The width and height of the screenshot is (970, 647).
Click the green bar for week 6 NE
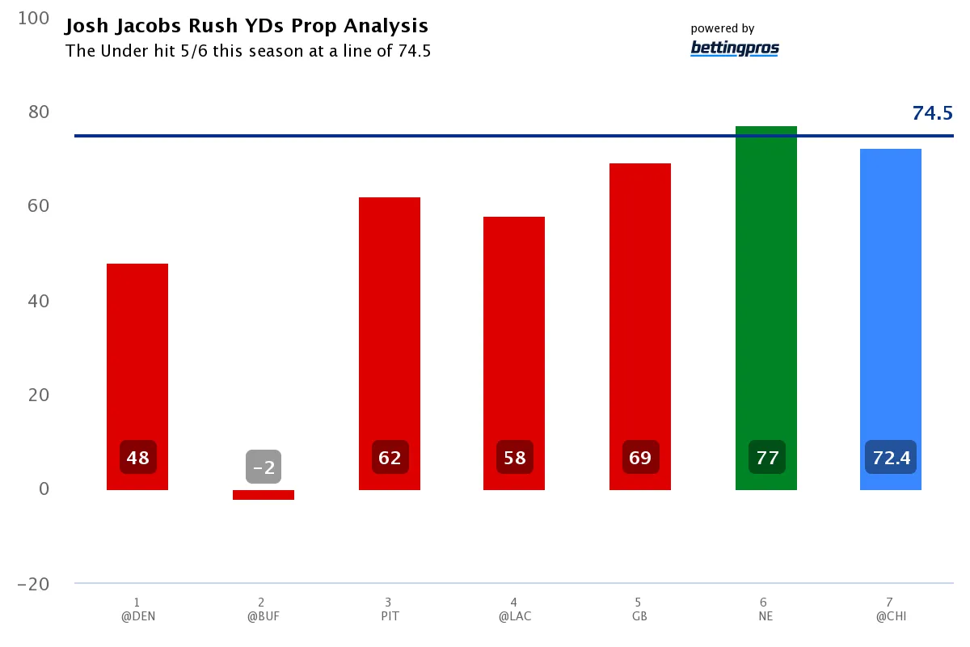pyautogui.click(x=765, y=307)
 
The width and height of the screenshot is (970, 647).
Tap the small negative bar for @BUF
pyautogui.click(x=264, y=495)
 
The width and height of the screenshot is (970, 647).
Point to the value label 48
pyautogui.click(x=137, y=458)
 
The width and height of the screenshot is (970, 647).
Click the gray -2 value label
pyautogui.click(x=264, y=467)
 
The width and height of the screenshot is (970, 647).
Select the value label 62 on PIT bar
pyautogui.click(x=390, y=458)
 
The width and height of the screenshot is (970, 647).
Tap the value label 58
pyautogui.click(x=514, y=458)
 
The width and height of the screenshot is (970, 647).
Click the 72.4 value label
pyautogui.click(x=891, y=458)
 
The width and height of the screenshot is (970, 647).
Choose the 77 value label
pyautogui.click(x=765, y=458)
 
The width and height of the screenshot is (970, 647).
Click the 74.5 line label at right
pyautogui.click(x=932, y=113)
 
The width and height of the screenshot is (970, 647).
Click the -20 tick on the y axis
pyautogui.click(x=32, y=584)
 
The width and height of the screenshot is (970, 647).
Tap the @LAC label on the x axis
pyautogui.click(x=514, y=615)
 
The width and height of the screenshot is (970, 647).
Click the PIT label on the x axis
pyautogui.click(x=389, y=615)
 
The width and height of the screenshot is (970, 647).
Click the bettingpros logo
pyautogui.click(x=735, y=49)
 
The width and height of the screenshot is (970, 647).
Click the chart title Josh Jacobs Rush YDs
pyautogui.click(x=247, y=27)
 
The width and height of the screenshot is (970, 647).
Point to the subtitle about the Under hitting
pyautogui.click(x=248, y=51)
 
